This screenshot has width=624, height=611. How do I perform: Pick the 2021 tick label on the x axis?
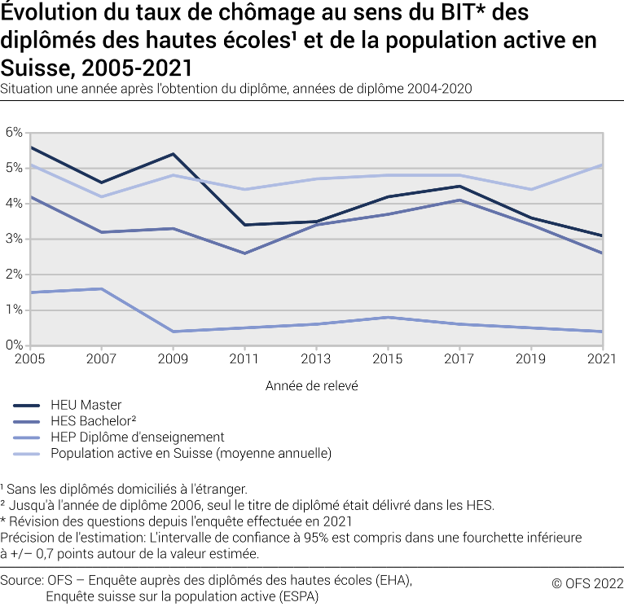[x=602, y=359]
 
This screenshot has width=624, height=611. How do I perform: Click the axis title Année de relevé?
[x=312, y=386]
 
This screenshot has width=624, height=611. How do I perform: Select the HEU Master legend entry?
[x=86, y=405]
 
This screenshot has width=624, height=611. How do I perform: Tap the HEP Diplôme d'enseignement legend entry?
[x=137, y=437]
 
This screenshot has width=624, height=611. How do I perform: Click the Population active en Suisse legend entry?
[x=191, y=453]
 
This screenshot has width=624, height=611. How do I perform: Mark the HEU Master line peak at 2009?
[x=172, y=153]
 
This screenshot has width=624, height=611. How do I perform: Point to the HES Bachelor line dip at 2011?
[x=244, y=253]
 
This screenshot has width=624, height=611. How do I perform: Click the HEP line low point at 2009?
[x=172, y=332]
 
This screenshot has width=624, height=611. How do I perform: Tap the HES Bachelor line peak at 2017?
[x=459, y=200]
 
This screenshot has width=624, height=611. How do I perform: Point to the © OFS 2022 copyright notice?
[x=587, y=582]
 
